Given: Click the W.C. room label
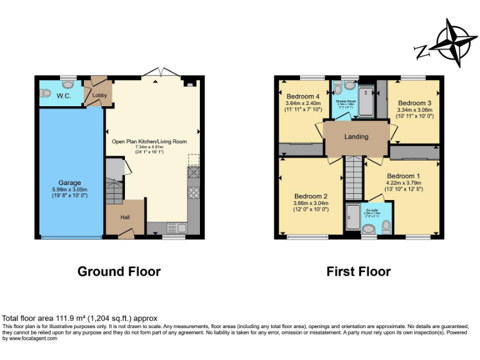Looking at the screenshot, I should (x=64, y=96).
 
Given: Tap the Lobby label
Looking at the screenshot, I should (x=96, y=96).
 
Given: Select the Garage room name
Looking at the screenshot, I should (x=69, y=182).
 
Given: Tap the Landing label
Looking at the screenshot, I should (x=356, y=136).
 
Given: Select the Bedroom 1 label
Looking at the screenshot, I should (x=403, y=176).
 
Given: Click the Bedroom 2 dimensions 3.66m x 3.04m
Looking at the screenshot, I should (x=310, y=203).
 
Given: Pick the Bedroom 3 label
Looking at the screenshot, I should (x=414, y=103).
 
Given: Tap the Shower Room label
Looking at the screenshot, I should (x=345, y=101).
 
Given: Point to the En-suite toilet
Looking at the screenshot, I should (x=386, y=228).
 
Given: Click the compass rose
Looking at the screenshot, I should (x=452, y=42).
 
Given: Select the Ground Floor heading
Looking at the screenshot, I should (x=119, y=271).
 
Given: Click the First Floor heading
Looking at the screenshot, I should (x=358, y=271).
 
